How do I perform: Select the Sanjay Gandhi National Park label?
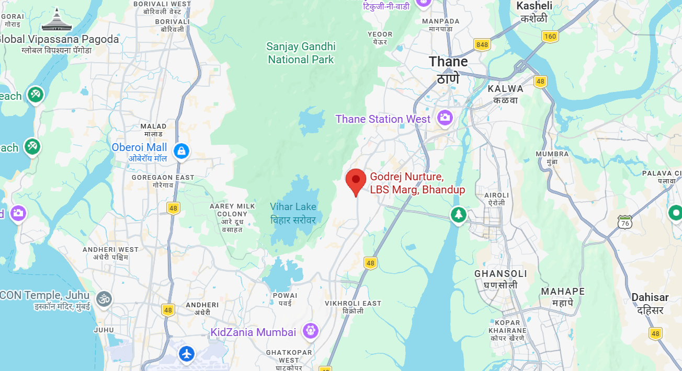301,53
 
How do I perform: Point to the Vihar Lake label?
293,213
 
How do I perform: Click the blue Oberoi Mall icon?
181,151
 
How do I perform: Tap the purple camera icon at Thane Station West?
445,118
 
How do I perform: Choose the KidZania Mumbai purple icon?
311,330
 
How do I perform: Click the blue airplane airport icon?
187,354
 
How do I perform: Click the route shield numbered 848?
482,44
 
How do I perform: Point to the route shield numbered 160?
550,36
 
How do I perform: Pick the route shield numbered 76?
624,222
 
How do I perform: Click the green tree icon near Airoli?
459,214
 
